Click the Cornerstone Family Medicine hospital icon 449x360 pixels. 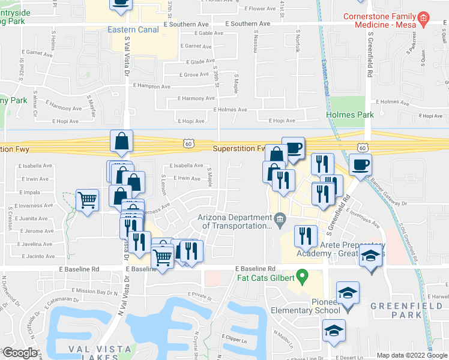coord(423,19)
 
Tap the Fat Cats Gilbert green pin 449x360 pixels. coord(303,278)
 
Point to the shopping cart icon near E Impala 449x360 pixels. coord(88,200)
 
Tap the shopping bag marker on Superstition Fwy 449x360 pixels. coord(121,142)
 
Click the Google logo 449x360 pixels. coord(20,353)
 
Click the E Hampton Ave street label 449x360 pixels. coord(149,86)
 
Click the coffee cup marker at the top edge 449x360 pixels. coord(121,3)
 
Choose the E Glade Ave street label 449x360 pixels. coord(205,62)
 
